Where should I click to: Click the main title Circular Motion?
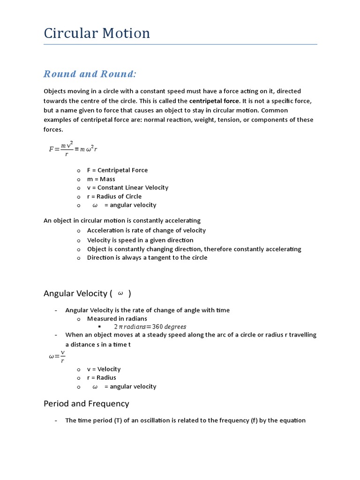pyautogui.click(x=97, y=33)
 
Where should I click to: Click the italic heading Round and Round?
pyautogui.click(x=90, y=74)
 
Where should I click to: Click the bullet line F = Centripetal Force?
pyautogui.click(x=117, y=170)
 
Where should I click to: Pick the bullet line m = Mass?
pyautogui.click(x=101, y=179)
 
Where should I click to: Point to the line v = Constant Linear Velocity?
pyautogui.click(x=127, y=187)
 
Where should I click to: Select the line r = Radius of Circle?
pyautogui.click(x=114, y=196)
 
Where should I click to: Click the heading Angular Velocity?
pyautogui.click(x=75, y=293)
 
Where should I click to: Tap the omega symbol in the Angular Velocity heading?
pyautogui.click(x=120, y=293)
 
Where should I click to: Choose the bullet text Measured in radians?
pyautogui.click(x=117, y=319)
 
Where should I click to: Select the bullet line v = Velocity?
pyautogui.click(x=104, y=369)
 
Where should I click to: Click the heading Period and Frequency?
pyautogui.click(x=86, y=404)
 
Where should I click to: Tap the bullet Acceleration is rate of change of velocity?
pyautogui.click(x=146, y=230)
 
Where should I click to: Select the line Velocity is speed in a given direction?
pyautogui.click(x=140, y=240)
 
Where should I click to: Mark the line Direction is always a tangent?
pyautogui.click(x=147, y=257)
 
